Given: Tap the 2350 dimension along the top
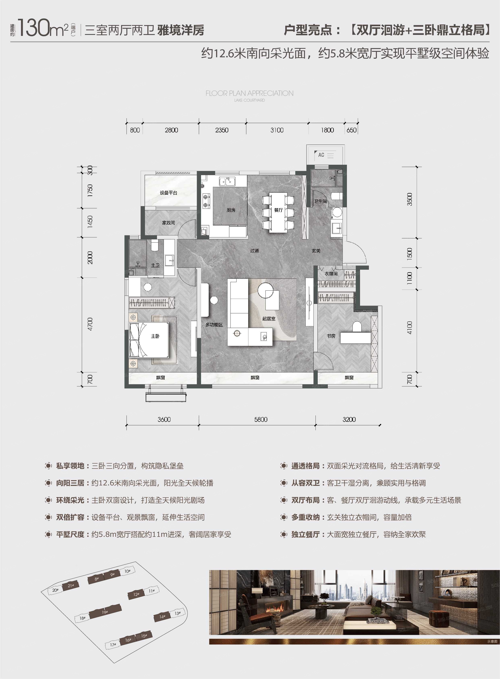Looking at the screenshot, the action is (x=222, y=130).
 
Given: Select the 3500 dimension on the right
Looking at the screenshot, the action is (x=410, y=199).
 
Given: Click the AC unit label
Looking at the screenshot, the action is (x=321, y=155).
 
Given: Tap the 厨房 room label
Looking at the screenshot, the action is (x=231, y=210).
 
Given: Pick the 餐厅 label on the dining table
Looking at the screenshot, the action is (x=278, y=210).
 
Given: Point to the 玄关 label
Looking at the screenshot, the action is (x=316, y=251).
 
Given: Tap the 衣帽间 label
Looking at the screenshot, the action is (x=331, y=274).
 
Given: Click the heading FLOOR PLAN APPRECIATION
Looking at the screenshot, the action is (x=249, y=93).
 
